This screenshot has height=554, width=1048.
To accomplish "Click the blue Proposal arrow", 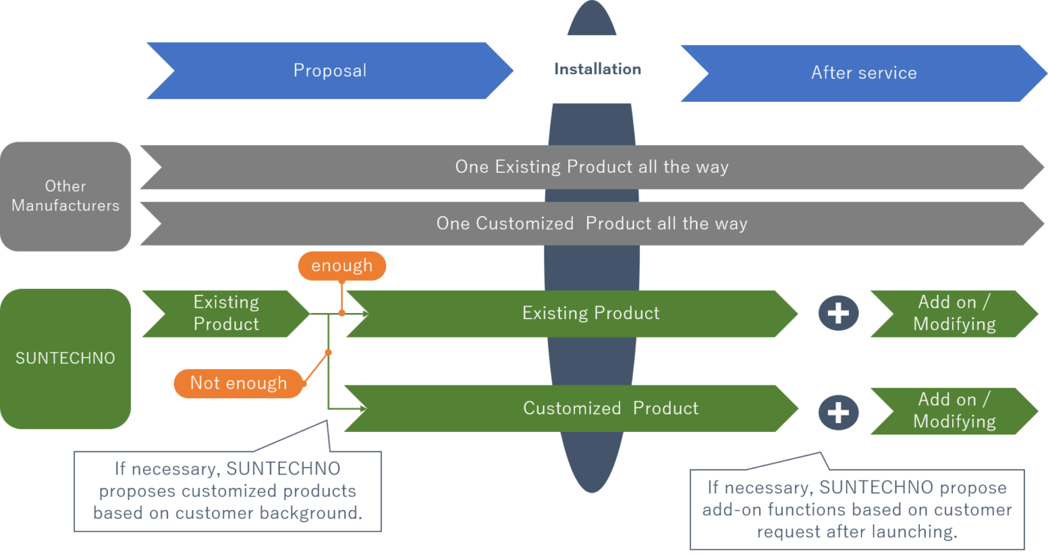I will click(x=329, y=71).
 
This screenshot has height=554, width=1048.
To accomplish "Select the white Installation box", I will click(x=597, y=69).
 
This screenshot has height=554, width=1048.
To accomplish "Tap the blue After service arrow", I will click(x=864, y=73).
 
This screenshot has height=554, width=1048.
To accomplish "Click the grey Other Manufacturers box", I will click(x=65, y=195).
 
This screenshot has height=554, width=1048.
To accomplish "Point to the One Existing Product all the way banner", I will click(x=591, y=166).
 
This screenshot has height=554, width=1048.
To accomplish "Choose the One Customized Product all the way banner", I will click(x=591, y=223).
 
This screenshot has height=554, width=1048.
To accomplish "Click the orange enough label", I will click(x=341, y=266).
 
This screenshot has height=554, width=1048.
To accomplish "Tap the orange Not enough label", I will click(x=239, y=383).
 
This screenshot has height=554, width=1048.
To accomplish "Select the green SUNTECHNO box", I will click(x=65, y=358).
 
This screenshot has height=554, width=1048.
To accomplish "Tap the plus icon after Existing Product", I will click(x=838, y=313).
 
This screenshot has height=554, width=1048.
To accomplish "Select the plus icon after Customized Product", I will click(x=838, y=413).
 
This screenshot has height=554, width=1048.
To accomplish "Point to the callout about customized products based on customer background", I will click(x=228, y=491).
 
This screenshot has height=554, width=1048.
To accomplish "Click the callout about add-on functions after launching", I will click(x=856, y=509).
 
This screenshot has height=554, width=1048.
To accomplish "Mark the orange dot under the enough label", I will click(x=341, y=313).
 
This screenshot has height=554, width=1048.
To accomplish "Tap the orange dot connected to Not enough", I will click(x=328, y=351).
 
